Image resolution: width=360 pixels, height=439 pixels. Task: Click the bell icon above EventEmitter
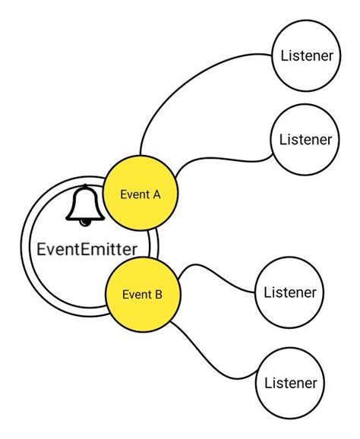coord(85,205)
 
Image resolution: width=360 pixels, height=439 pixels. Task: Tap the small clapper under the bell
coord(85,222)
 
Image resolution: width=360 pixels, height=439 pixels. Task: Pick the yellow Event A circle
coord(141,194)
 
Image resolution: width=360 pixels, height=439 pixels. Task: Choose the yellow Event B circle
coord(143,295)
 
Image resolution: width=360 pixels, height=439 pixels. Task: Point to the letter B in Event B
coord(159,295)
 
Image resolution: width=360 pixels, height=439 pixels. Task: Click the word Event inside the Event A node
coord(134,194)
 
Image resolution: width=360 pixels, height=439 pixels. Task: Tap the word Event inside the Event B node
coord(137,295)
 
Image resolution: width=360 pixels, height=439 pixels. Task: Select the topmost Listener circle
coord(307,55)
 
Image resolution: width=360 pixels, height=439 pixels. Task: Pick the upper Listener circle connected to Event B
coord(289,292)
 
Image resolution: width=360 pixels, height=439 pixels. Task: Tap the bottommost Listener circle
coord(289,383)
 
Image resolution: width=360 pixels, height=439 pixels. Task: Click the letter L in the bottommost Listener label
coord(267,383)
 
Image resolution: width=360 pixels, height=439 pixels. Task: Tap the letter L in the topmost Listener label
coord(284,55)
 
